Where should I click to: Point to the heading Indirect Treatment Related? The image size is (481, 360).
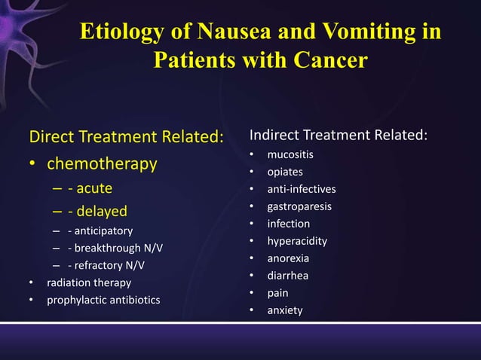[339, 136]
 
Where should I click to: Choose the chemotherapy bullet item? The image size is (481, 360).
[102, 163]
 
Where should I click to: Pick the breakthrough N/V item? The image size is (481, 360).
[115, 248]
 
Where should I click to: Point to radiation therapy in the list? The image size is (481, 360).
[89, 283]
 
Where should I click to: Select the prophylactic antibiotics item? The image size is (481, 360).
[103, 301]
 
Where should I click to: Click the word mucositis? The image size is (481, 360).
[290, 154]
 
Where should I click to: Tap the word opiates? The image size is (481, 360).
[285, 172]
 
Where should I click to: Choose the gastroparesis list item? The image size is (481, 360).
[299, 206]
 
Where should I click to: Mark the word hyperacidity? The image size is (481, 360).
[297, 241]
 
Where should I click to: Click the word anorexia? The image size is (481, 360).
[288, 258]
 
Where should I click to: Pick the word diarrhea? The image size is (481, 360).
[288, 276]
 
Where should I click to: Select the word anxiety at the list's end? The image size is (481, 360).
[285, 310]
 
